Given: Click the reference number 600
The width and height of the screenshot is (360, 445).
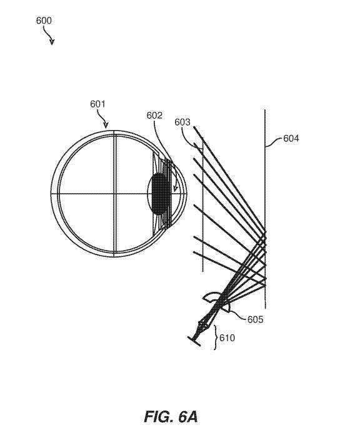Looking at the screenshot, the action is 44,21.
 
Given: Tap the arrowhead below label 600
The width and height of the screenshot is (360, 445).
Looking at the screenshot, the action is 52,42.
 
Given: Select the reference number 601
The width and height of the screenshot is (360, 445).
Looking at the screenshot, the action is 97,104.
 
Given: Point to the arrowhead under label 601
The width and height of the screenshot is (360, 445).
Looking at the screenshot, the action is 106,125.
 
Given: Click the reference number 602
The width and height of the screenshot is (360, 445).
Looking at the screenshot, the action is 154,115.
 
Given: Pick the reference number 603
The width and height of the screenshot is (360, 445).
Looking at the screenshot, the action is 182,122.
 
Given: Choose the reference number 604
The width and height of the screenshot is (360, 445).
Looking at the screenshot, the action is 291,138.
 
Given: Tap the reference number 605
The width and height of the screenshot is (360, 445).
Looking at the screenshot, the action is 255,319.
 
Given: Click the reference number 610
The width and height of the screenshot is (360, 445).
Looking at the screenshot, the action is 227,338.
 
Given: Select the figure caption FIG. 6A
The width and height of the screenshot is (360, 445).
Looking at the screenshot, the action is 171,416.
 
